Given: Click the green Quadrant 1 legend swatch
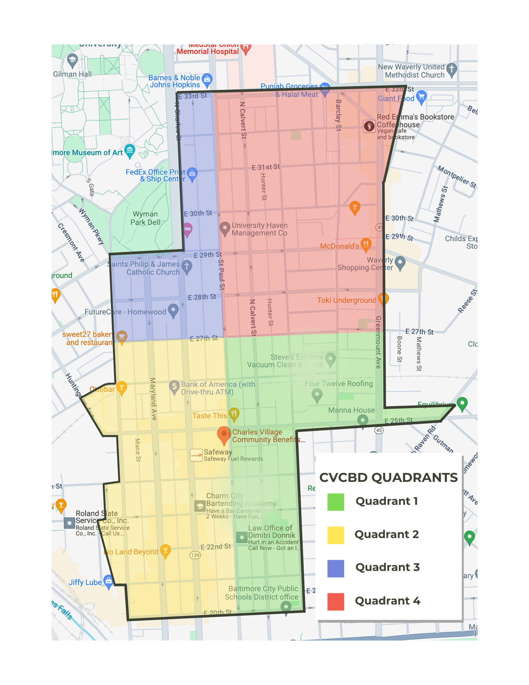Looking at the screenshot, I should [x=335, y=502].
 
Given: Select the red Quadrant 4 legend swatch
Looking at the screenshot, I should [x=335, y=602].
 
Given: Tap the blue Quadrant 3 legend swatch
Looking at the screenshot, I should [x=335, y=568].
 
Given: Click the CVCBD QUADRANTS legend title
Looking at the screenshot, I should [x=388, y=478].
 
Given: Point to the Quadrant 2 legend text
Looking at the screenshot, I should [x=387, y=534].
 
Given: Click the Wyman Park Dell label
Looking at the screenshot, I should [x=145, y=218].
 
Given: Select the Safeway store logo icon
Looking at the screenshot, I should [x=196, y=455].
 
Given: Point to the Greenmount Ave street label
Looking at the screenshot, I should [x=378, y=342].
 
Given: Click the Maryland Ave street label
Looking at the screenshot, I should [x=153, y=399].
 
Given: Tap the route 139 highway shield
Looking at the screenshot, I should [x=195, y=555].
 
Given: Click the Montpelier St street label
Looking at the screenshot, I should [x=457, y=177].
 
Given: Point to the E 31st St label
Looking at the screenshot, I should [x=266, y=167].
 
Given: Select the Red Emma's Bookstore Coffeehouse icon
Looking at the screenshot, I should [x=369, y=126].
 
